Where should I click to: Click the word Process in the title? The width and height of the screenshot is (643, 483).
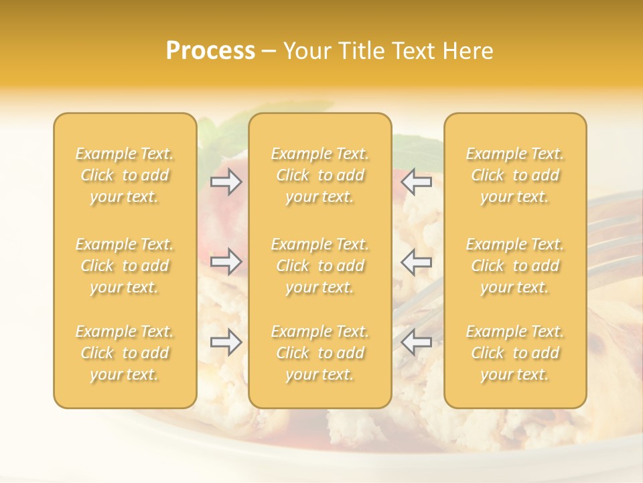(x=210, y=51)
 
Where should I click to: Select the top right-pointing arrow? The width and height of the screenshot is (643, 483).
(x=226, y=182)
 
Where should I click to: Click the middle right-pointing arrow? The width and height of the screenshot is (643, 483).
(x=226, y=262)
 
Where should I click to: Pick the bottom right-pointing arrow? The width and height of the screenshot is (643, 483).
(x=226, y=343)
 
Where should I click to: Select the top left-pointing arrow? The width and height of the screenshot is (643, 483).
(x=417, y=182)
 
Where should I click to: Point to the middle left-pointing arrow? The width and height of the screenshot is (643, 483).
(x=417, y=262)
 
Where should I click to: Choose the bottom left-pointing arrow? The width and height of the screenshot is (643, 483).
(x=417, y=343)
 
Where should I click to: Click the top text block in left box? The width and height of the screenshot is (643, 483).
(x=125, y=175)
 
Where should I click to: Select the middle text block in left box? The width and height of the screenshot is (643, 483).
(x=125, y=266)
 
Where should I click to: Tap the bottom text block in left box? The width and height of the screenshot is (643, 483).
(x=125, y=353)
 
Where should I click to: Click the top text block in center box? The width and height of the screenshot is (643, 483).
(x=320, y=175)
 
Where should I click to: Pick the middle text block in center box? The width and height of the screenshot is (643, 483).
(x=320, y=266)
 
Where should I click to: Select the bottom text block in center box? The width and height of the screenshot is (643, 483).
(x=320, y=353)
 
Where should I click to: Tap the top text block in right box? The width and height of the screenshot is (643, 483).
(x=515, y=175)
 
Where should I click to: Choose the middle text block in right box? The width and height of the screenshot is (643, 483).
(x=515, y=266)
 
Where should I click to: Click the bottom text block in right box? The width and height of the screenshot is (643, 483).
(x=515, y=353)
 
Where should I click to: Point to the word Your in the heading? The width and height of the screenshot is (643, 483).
(x=305, y=51)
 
